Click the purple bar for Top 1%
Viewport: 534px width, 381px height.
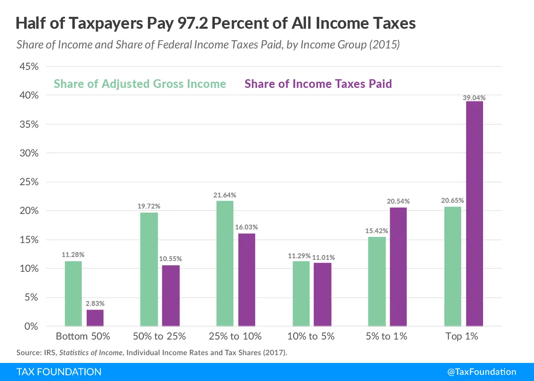(x=474, y=213)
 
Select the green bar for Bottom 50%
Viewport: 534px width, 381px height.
(x=73, y=294)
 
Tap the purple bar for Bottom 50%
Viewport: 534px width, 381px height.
(x=95, y=318)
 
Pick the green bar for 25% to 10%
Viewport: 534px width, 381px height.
(x=225, y=263)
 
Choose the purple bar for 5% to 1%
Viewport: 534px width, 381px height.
(x=398, y=267)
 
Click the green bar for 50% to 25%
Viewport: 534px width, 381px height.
(x=149, y=269)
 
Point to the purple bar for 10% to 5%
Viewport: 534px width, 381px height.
(x=322, y=294)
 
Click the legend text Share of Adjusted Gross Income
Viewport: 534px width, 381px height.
(x=140, y=84)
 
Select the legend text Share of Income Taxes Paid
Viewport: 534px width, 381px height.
(x=318, y=84)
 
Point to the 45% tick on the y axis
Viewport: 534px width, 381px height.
(x=29, y=67)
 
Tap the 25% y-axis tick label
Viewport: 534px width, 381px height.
(x=29, y=182)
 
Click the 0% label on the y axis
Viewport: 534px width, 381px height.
(x=31, y=326)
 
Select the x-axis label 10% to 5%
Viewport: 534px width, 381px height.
(x=311, y=336)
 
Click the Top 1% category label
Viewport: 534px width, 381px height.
(x=462, y=336)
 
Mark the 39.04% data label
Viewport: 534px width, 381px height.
(x=474, y=98)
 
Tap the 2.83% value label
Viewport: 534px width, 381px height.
(x=95, y=303)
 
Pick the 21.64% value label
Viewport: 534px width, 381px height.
(x=225, y=195)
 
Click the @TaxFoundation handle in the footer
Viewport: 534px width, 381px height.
(x=481, y=372)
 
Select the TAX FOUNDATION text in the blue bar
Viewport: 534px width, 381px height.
(x=59, y=372)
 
